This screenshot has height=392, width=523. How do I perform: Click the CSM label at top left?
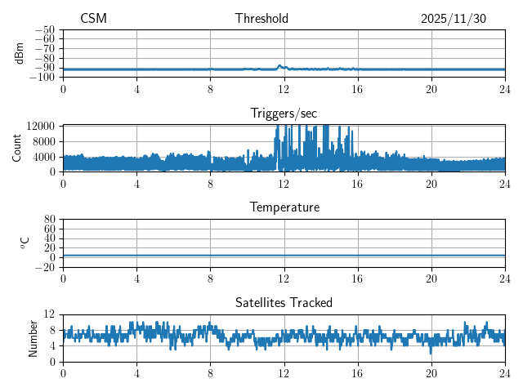pos(93,19)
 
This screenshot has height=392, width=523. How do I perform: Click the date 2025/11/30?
pos(454,19)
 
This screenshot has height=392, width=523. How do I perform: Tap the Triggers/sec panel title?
pos(284,114)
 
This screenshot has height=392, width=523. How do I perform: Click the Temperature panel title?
pos(284,208)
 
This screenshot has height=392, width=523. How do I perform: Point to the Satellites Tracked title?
pos(284,303)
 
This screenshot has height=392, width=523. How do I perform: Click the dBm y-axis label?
pos(20,53)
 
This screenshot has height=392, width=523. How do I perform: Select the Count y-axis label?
pos(17,148)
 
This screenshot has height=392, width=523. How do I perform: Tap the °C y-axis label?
pos(25,243)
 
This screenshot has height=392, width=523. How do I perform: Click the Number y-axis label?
pos(34,337)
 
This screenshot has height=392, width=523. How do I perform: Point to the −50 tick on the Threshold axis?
pos(45,29)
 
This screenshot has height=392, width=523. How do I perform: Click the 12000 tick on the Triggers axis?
pos(41,126)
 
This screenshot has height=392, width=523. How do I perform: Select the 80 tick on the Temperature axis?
pos(49,220)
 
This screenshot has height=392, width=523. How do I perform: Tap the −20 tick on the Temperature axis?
pos(45,267)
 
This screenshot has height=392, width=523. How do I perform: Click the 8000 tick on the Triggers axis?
pos(43,140)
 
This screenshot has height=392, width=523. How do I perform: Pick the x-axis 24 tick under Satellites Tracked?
pos(504,372)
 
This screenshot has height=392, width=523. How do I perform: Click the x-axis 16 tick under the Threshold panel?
pos(357,88)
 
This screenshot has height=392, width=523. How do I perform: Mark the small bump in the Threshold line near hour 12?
pos(280,66)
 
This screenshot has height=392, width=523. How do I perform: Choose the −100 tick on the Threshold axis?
pos(42,78)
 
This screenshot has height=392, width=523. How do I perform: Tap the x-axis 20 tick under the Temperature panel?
pos(431,278)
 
